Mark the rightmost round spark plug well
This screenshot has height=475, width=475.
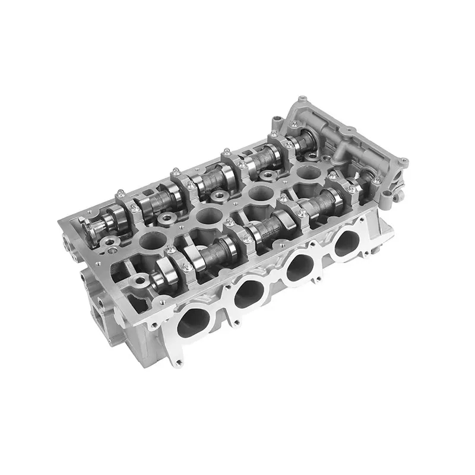tap(307, 172)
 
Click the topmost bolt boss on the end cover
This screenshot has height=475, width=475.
tap(302, 98)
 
